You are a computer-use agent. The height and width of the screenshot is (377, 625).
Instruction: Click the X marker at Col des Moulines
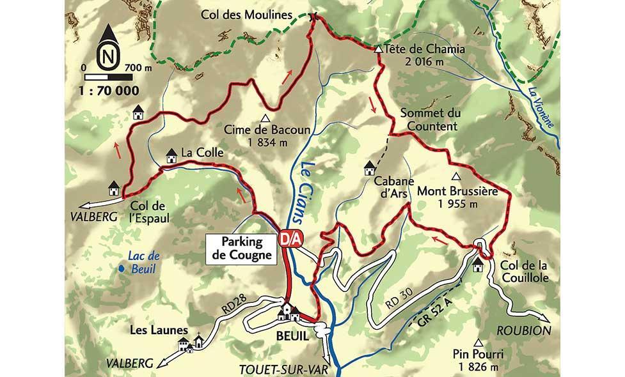pyautogui.click(x=313, y=17)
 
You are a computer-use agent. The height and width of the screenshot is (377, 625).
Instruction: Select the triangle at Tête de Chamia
pyautogui.click(x=379, y=49)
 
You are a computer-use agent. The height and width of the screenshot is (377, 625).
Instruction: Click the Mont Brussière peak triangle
pyautogui.click(x=456, y=176)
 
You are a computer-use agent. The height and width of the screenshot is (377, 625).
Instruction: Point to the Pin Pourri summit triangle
pyautogui.click(x=479, y=342)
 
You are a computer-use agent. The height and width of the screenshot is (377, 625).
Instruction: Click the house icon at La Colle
pyautogui.click(x=171, y=155)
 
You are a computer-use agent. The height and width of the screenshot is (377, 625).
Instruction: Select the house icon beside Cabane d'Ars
pyautogui.click(x=370, y=169)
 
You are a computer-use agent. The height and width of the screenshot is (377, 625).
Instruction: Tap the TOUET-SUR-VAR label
pyautogui.click(x=278, y=369)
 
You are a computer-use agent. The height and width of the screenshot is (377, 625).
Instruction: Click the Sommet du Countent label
pyautogui.click(x=429, y=119)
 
